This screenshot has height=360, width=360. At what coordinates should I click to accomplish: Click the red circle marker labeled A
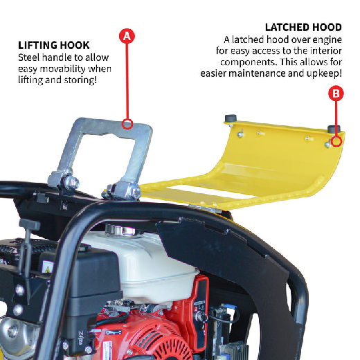pos(127,36)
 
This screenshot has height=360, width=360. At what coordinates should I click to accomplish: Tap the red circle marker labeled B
pos(336,93)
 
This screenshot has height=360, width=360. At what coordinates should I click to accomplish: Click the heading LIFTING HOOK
pos(54,45)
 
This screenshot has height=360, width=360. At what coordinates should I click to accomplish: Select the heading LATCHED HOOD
pos(303,27)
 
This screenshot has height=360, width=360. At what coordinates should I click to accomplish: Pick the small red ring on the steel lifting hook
pos(127,124)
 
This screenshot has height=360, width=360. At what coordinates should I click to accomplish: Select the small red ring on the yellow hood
pos(336,141)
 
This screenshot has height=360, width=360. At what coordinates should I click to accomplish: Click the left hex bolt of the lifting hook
pos(71,183)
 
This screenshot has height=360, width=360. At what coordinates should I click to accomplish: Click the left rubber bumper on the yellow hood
pos(231,118)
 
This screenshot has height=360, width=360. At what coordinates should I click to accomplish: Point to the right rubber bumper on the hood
pos(334,129)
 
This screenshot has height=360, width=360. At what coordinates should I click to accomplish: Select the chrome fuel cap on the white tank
pos(120,231)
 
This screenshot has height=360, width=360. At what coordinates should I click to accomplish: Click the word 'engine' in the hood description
pos(327,40)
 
